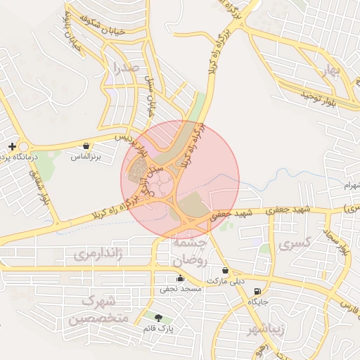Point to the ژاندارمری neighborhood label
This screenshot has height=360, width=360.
99,252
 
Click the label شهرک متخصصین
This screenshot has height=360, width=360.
98,310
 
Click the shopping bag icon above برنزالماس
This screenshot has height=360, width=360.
86,146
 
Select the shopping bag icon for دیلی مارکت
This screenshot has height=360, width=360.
225,270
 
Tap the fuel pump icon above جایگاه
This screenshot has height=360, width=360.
258,291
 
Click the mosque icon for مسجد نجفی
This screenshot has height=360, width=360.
181,278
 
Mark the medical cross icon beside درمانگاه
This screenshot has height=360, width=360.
12,146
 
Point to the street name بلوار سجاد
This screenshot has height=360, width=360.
340,240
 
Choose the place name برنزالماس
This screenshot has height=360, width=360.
86,157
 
